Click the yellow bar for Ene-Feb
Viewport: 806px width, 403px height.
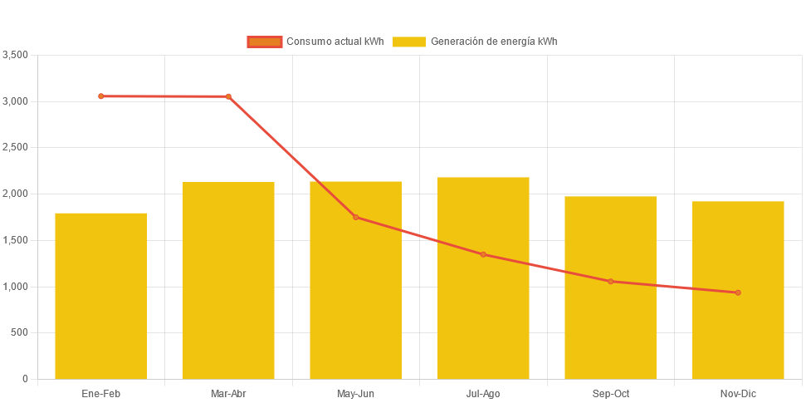pyautogui.click(x=101, y=296)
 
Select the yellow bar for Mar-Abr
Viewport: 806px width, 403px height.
pyautogui.click(x=228, y=280)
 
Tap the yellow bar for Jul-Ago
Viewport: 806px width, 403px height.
pyautogui.click(x=483, y=278)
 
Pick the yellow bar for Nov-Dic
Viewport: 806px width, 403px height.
pyautogui.click(x=738, y=290)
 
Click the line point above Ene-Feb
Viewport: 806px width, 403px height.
pyautogui.click(x=101, y=96)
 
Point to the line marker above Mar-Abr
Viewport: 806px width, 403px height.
pyautogui.click(x=228, y=96)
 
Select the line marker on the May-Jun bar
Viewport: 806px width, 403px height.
pyautogui.click(x=356, y=217)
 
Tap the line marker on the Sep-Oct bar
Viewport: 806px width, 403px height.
pyautogui.click(x=610, y=281)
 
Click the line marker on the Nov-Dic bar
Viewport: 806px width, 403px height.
pyautogui.click(x=738, y=292)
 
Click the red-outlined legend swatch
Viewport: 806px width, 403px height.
pyautogui.click(x=264, y=42)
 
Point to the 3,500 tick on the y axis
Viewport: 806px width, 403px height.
pyautogui.click(x=16, y=55)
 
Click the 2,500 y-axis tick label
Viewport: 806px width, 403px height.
pyautogui.click(x=16, y=147)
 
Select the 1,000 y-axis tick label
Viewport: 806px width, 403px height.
pyautogui.click(x=16, y=287)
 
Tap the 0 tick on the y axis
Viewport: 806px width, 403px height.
pyautogui.click(x=25, y=379)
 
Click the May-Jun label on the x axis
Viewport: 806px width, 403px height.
pyautogui.click(x=356, y=393)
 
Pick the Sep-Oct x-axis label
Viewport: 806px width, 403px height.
pyautogui.click(x=610, y=393)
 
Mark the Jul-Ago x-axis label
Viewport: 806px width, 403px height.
pyautogui.click(x=483, y=393)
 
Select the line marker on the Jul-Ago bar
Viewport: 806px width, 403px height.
pyautogui.click(x=483, y=254)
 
